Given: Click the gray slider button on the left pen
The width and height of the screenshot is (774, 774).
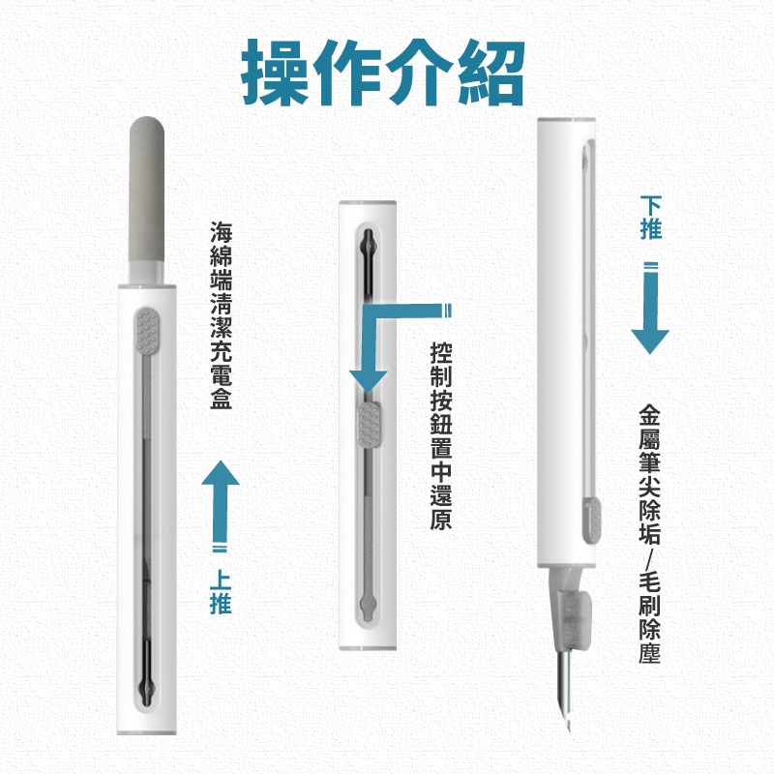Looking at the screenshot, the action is pyautogui.click(x=147, y=331).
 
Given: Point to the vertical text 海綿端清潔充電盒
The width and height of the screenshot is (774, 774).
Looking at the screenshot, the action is pyautogui.click(x=221, y=315).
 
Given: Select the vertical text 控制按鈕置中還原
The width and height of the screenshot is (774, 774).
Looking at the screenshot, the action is pyautogui.click(x=441, y=436).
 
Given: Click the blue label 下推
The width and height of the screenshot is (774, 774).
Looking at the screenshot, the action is pyautogui.click(x=650, y=218).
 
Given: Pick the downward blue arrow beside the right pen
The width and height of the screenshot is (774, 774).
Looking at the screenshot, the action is pyautogui.click(x=650, y=308).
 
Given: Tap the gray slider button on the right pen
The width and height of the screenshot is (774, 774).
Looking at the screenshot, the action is pyautogui.click(x=593, y=519).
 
